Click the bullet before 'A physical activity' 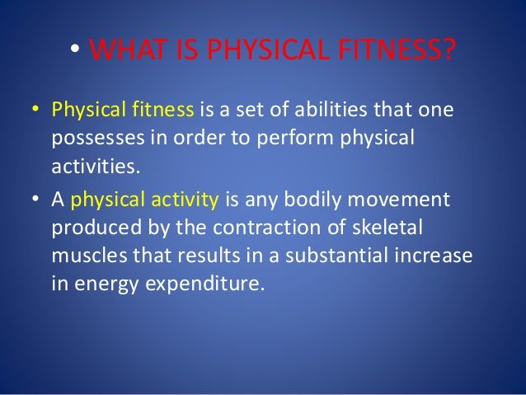coord(36,200)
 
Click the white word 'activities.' coord(95,166)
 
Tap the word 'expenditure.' coord(206,284)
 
